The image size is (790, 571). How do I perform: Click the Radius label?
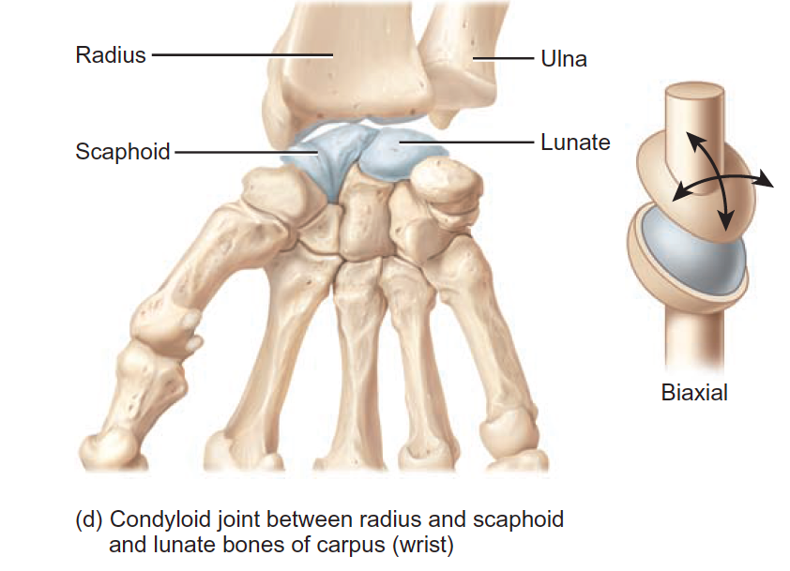[x=111, y=55]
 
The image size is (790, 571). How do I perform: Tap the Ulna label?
[x=563, y=59]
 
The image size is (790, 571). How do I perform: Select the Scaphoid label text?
[x=123, y=151]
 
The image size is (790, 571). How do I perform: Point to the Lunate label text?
[x=575, y=143]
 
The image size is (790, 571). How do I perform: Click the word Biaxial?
[x=694, y=393]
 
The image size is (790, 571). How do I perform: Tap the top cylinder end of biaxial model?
[x=693, y=93]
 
